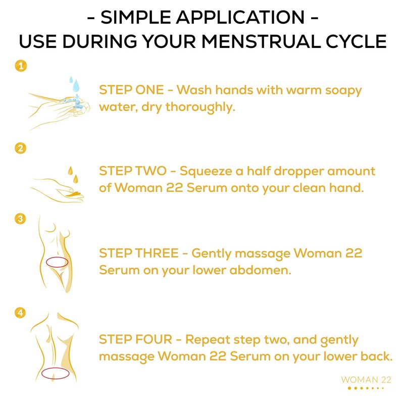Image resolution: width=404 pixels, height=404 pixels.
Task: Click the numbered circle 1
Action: [x=21, y=66]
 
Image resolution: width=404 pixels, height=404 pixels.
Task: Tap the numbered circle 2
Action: [x=21, y=148]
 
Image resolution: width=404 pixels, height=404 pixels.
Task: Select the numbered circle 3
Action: [x=20, y=219]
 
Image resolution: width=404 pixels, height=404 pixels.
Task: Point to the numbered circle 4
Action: [x=20, y=313]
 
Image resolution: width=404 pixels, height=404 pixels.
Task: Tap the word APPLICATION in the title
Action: [x=240, y=17]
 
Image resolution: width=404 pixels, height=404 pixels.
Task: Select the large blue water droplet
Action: [x=76, y=86]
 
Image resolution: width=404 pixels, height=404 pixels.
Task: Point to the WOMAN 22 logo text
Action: [x=366, y=380]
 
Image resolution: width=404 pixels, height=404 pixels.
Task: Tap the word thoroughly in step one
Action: [x=200, y=108]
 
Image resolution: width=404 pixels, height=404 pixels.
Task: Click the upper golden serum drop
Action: [x=70, y=171]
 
